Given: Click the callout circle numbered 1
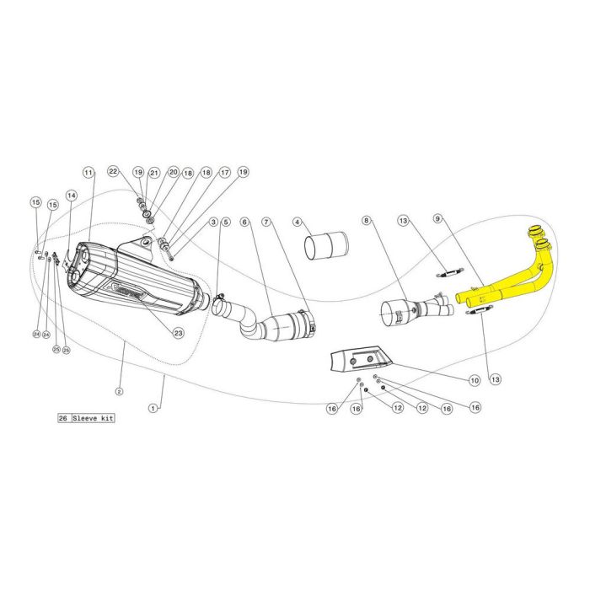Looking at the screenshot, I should [153, 408].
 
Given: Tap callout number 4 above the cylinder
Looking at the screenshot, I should [298, 223].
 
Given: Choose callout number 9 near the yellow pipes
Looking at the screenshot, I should [438, 219].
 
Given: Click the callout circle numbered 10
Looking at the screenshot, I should [475, 381].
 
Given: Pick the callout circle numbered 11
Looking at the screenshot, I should [87, 172].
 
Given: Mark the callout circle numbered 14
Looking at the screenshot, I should [72, 195].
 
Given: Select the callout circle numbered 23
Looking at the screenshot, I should [179, 333].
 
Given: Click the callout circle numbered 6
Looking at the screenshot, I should [245, 223].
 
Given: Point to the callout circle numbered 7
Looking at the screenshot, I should [266, 223].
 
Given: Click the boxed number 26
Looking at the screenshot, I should [64, 418].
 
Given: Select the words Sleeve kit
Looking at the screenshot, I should [94, 418].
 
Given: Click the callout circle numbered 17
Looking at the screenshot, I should [224, 172].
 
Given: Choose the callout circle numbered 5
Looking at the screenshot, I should [225, 223].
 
